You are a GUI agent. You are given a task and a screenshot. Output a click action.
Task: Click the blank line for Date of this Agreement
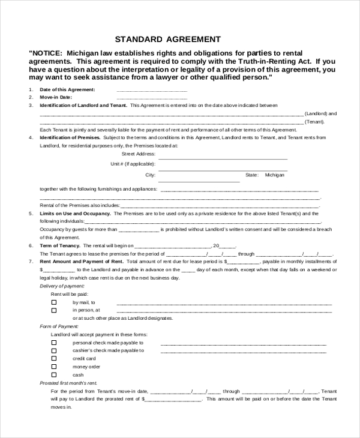click(152, 90)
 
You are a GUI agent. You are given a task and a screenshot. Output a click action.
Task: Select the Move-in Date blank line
click(152, 97)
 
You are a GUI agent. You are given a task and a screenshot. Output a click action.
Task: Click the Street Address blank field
click(223, 154)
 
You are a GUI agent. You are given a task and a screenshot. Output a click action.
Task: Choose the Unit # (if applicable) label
click(133, 163)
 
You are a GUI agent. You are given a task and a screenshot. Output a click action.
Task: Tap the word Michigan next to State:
click(275, 175)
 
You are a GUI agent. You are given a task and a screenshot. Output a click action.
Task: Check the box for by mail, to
click(54, 302)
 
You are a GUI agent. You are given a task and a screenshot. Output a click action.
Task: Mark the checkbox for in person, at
click(54, 311)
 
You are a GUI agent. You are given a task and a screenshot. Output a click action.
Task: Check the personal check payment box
click(54, 343)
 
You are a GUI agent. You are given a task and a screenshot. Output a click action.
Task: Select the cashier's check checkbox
click(54, 350)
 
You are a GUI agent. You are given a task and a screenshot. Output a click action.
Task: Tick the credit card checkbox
click(54, 358)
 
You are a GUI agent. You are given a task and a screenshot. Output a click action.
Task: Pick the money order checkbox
click(54, 367)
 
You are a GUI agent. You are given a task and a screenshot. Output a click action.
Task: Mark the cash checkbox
click(54, 374)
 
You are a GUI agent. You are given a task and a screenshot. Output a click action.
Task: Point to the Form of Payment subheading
click(56, 326)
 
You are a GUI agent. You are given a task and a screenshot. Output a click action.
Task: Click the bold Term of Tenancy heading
click(60, 245)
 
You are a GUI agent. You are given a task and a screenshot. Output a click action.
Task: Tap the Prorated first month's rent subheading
click(68, 382)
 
